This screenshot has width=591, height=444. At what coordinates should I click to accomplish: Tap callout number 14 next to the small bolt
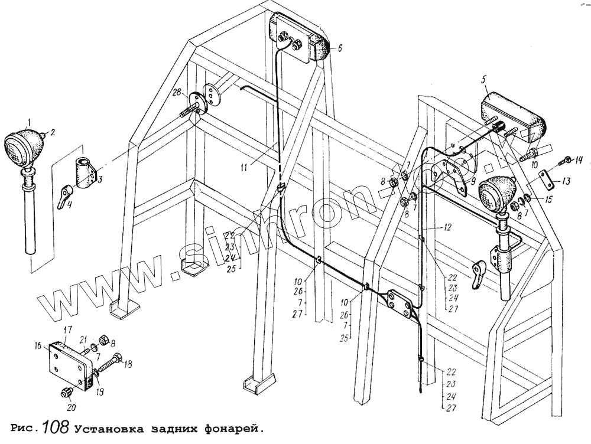(x=579, y=159)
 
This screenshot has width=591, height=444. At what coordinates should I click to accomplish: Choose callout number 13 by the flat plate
(x=566, y=181)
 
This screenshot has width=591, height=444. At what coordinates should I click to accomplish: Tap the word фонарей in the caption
(x=232, y=428)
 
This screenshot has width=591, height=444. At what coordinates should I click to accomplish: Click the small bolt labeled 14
(x=564, y=159)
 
